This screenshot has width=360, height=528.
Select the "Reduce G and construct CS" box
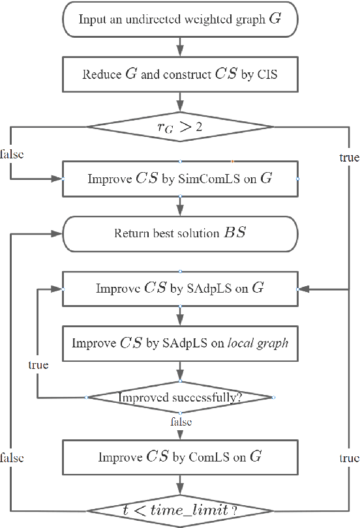[180, 74]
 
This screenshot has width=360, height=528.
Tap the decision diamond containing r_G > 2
[180, 128]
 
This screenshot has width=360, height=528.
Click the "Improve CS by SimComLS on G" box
[180, 178]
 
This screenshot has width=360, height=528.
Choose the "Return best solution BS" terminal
[180, 233]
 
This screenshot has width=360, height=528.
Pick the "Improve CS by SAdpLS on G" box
[180, 287]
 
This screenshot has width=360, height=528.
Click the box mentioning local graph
[180, 342]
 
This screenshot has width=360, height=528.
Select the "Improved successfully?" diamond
[180, 396]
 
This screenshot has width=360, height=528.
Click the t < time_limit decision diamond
[180, 509]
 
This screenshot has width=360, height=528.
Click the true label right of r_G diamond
[349, 157]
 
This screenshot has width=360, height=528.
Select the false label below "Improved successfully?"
[181, 422]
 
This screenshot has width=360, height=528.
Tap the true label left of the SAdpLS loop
[38, 364]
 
